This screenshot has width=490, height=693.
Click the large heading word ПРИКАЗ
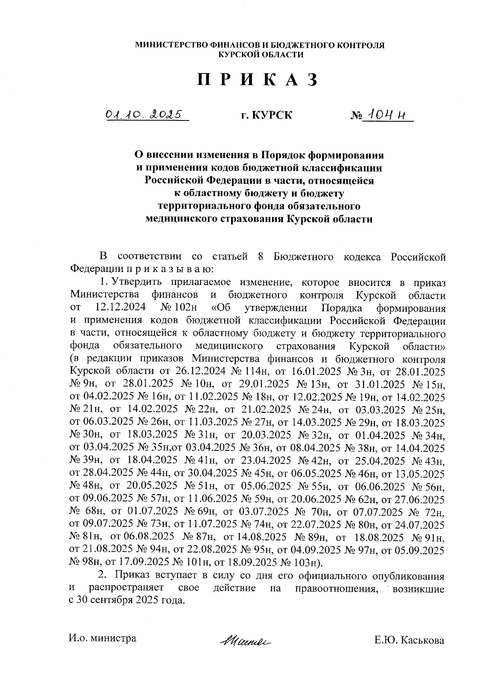click(x=258, y=80)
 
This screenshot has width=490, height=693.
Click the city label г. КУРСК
click(x=266, y=116)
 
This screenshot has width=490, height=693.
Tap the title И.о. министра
click(x=102, y=638)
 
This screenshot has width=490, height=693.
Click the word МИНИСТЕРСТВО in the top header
click(x=170, y=45)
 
